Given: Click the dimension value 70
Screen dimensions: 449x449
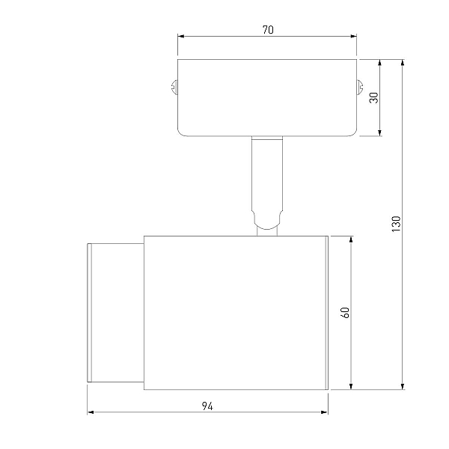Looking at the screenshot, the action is [x=268, y=30].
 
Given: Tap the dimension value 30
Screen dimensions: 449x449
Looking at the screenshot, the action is [x=373, y=97].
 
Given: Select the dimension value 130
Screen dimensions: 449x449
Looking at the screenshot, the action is [x=396, y=224].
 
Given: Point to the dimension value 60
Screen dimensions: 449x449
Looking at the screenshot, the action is [x=345, y=312].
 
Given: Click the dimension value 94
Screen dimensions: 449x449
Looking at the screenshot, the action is [x=207, y=406].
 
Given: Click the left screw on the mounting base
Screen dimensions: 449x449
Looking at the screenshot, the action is [x=174, y=87].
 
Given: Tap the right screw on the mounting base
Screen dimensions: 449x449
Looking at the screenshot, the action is [x=360, y=87].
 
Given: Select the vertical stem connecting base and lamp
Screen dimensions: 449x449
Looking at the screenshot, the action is [x=267, y=174].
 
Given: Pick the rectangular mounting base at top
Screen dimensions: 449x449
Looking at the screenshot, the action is [x=267, y=97].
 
